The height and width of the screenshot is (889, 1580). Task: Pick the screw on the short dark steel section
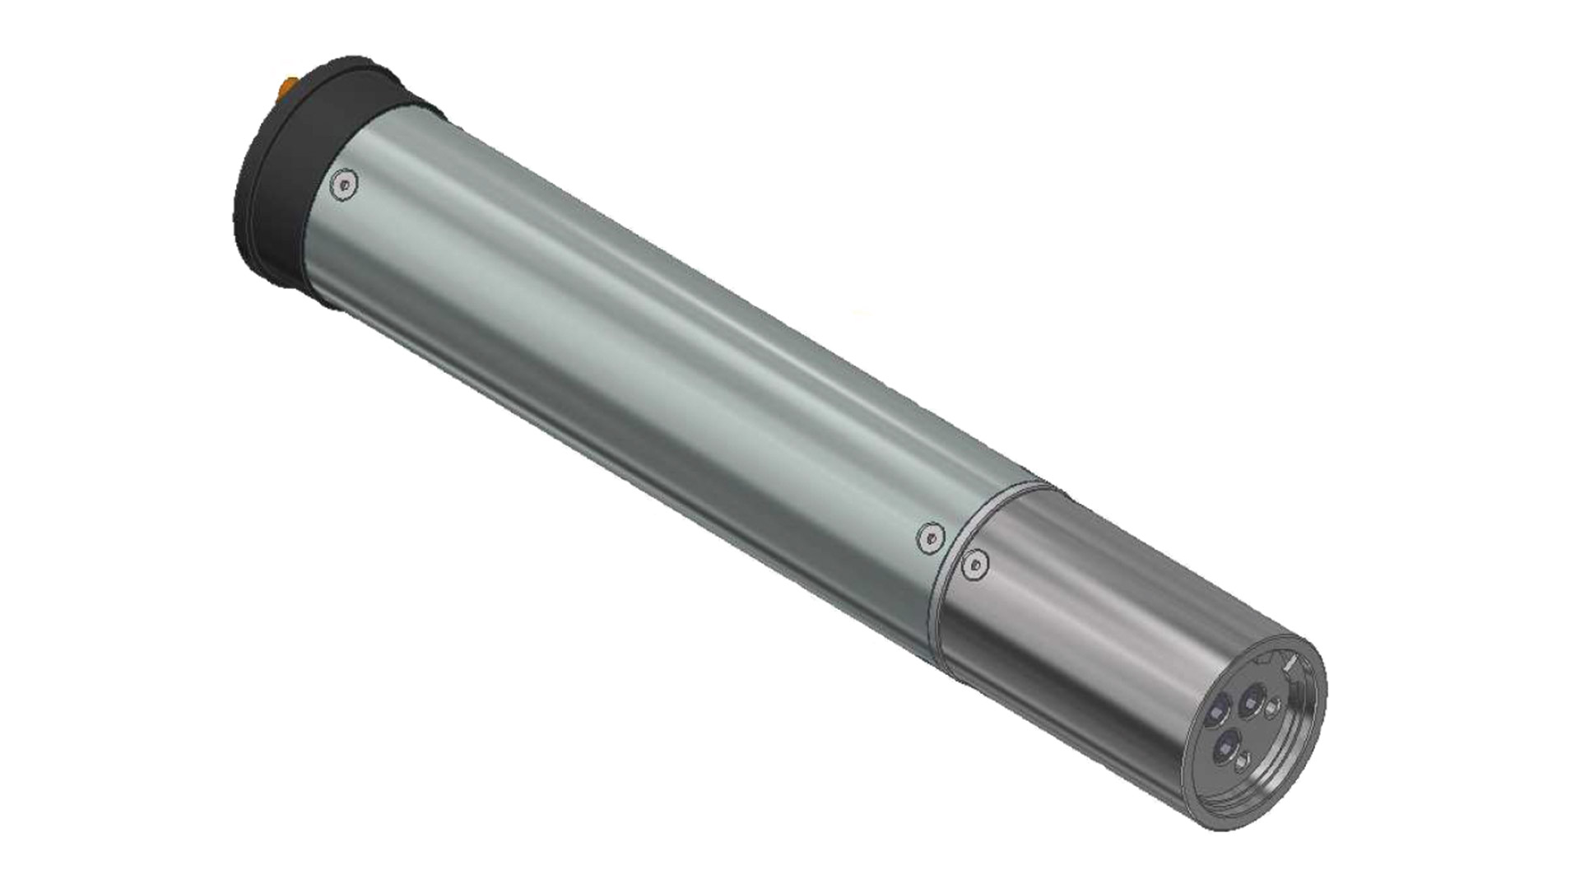click(975, 564)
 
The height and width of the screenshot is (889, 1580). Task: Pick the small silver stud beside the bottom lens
click(1242, 763)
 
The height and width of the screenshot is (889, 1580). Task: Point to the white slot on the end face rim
click(1290, 661)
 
